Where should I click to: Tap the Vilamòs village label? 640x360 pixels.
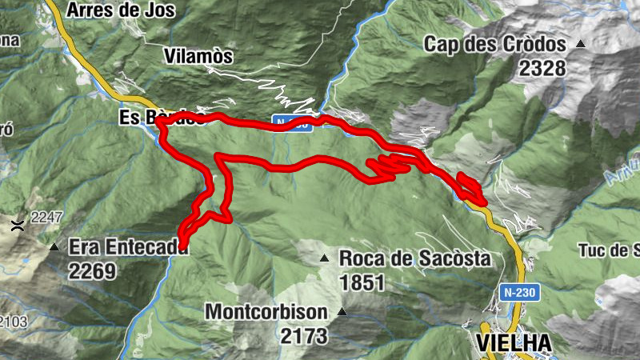[x=198, y=56]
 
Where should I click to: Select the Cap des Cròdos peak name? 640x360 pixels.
[x=495, y=44]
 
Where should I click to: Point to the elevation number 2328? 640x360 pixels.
[x=542, y=68]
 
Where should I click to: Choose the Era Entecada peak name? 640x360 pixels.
[x=128, y=247]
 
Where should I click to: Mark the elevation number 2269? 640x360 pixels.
[x=92, y=271]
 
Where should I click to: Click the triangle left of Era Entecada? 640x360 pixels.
[x=54, y=247]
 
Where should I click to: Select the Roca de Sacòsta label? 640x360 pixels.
[x=414, y=258]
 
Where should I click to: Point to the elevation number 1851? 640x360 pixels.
[x=362, y=282]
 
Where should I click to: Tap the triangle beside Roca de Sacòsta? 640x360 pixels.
[x=325, y=258]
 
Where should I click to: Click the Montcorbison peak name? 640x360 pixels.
[x=267, y=311]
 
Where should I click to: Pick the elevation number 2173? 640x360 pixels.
[x=304, y=336]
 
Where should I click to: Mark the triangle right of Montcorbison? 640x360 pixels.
[x=342, y=311]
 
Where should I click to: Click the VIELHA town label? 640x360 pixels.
[x=514, y=342]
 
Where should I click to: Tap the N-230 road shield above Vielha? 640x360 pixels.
[x=519, y=294]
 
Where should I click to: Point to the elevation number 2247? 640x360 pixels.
[x=46, y=217]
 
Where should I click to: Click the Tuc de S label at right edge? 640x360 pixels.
[x=608, y=250]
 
